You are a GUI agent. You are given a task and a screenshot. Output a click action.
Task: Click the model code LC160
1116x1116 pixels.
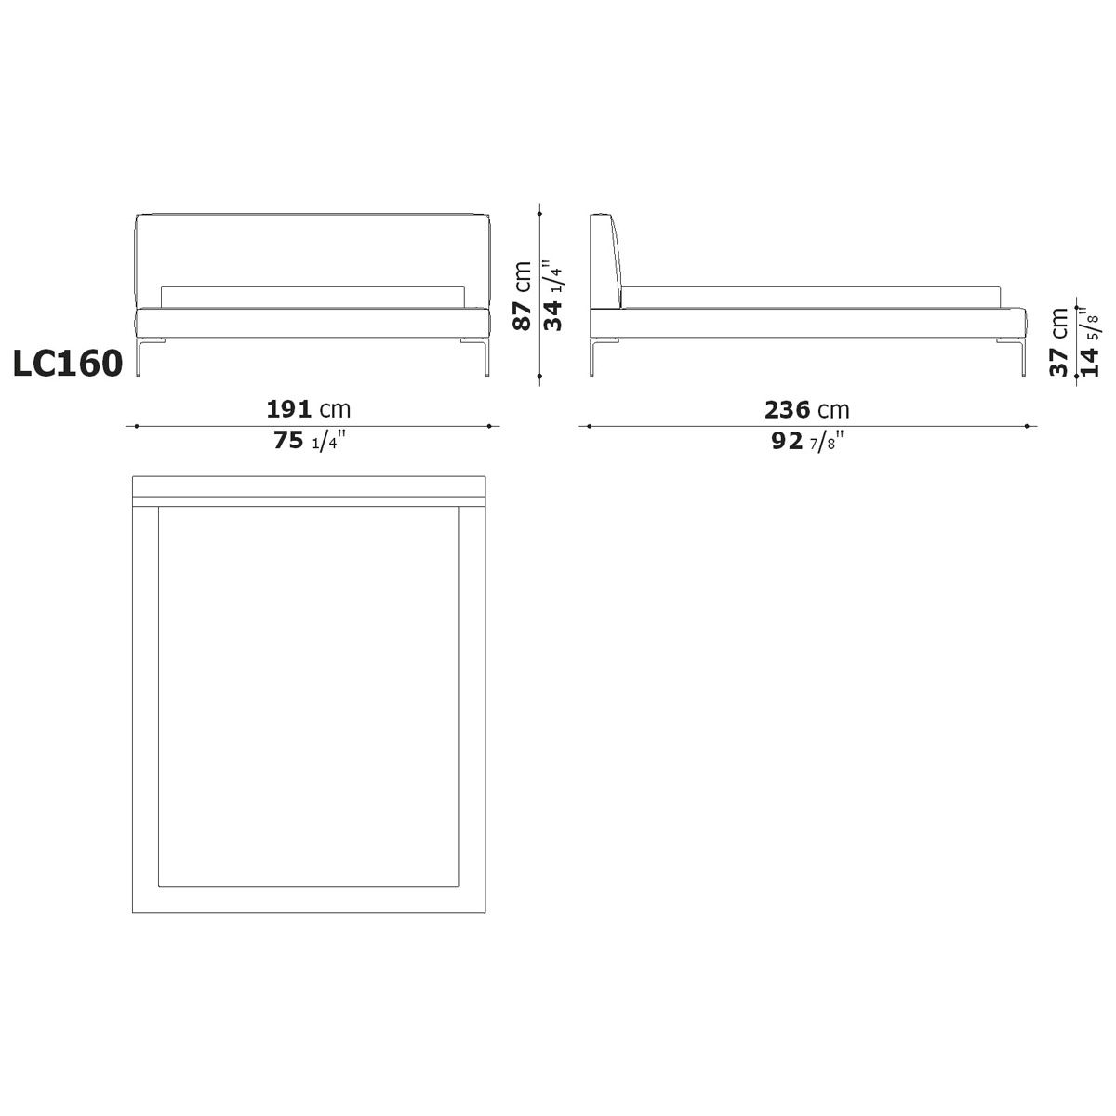coord(68,364)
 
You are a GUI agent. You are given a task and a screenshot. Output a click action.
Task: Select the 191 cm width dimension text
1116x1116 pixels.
coord(309,409)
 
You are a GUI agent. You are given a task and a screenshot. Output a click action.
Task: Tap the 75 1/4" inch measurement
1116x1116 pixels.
coord(310,440)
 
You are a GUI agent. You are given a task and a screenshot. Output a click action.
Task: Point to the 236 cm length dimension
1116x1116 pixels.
coord(806,410)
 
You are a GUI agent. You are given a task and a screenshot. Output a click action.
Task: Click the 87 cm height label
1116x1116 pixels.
coord(523,296)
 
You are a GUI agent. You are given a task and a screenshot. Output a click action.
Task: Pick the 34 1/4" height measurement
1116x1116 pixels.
coord(553,296)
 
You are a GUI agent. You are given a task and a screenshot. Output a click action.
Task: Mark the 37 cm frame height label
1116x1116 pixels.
coord(1059,342)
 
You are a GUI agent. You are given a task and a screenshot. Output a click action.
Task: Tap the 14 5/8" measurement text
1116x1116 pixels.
coord(1089,342)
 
